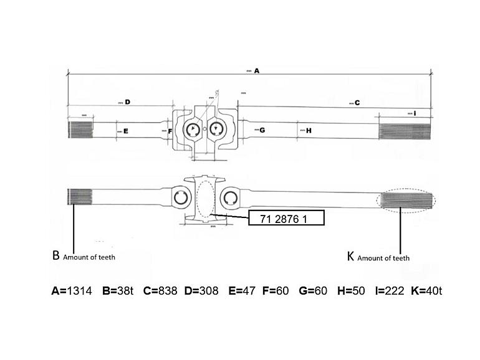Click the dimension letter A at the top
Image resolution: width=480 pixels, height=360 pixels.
tap(256, 72)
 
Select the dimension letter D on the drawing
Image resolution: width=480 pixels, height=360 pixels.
tap(127, 102)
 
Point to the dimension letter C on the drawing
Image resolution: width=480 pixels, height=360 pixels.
tap(357, 103)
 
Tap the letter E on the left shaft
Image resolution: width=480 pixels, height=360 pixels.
tap(125, 131)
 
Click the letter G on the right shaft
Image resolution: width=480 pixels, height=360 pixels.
tap(262, 130)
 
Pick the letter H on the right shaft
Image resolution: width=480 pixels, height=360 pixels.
tap(309, 130)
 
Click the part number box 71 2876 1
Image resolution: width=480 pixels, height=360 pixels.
tap(286, 217)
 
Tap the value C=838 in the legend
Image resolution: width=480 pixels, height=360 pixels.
tap(160, 291)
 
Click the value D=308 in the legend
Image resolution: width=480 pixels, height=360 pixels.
tap(201, 291)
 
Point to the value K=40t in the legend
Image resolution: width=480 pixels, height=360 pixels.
tap(427, 291)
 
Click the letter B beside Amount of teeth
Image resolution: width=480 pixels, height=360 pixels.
tap(55, 255)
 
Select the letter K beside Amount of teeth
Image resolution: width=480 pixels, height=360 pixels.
tap(350, 256)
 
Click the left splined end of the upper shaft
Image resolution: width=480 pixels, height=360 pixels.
tap(80, 130)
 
